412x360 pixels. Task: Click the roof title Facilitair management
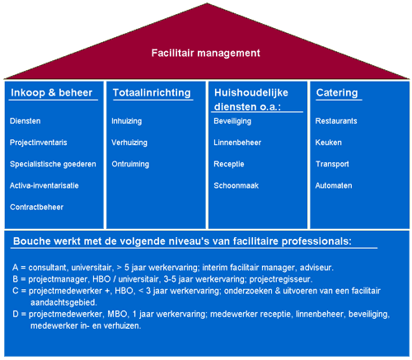[x=206, y=53]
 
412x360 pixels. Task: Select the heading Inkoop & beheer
[x=52, y=93]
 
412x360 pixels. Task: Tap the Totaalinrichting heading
[x=152, y=93]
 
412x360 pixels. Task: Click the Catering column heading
[x=337, y=93]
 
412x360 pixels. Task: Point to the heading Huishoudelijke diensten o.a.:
[x=251, y=100]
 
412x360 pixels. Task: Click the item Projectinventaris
[x=39, y=143]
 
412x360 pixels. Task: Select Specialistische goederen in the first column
[x=53, y=164]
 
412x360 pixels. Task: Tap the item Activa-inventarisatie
[x=44, y=185]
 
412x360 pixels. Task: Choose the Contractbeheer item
[x=36, y=207]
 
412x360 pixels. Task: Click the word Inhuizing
[x=127, y=121]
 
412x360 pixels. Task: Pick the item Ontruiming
[x=130, y=164]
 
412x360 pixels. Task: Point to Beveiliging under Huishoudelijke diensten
[x=232, y=121]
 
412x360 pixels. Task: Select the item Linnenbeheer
[x=237, y=143]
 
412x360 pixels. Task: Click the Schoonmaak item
[x=236, y=185]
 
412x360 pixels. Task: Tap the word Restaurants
[x=336, y=121]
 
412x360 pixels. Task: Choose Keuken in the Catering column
[x=329, y=143]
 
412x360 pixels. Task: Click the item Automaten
[x=334, y=185]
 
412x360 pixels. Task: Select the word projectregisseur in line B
[x=281, y=279]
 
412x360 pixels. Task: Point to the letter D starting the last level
[x=16, y=314]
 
